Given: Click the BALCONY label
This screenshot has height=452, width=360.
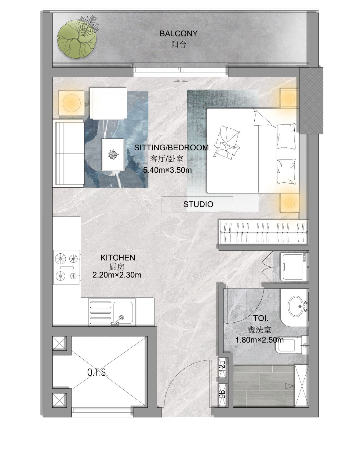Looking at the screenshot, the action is (178, 33).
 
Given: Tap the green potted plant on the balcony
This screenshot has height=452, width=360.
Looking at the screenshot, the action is (77, 38).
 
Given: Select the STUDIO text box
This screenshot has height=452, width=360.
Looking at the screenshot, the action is (197, 204).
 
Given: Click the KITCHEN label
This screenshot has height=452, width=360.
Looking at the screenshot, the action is (118, 258).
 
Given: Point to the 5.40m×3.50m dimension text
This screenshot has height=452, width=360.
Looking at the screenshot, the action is (167, 170).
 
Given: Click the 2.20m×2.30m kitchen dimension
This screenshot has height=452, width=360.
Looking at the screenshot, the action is (117, 275).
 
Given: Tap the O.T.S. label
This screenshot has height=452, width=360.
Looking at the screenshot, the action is (97, 373).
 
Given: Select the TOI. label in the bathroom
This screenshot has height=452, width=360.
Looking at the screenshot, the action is (260, 318).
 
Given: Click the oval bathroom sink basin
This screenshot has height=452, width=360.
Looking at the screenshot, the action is (296, 306).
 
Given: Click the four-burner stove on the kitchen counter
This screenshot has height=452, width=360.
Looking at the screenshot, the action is (66, 267).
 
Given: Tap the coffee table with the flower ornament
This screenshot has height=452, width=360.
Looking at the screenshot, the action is (113, 155).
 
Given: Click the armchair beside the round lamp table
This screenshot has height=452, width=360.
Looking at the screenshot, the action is (108, 103).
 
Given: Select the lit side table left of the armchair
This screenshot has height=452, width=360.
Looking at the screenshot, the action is (71, 103).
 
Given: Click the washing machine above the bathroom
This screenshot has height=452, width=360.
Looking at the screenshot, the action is (294, 267).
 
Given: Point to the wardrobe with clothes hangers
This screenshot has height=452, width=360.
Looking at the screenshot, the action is (264, 232).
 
